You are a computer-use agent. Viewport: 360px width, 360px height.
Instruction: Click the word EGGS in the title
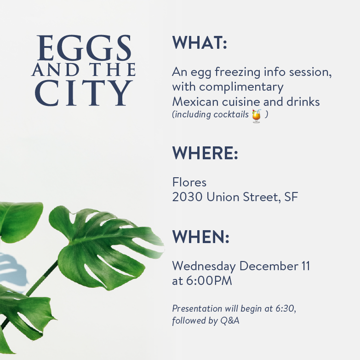(84, 48)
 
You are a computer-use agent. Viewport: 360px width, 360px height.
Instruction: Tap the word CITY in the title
(84, 93)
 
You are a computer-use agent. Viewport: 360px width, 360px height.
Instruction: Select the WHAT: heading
(200, 42)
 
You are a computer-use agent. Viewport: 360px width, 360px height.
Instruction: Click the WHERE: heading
(205, 153)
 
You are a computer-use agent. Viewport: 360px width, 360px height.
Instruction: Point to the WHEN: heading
(200, 237)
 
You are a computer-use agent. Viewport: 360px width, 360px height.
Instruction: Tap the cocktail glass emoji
(257, 116)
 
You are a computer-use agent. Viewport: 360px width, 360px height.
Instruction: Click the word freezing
(238, 72)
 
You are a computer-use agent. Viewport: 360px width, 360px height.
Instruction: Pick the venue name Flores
(189, 182)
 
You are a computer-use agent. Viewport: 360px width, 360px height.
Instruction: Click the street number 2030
(187, 197)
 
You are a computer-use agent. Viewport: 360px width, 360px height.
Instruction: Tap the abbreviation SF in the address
(291, 197)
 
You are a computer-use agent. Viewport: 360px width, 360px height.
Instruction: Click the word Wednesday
(204, 267)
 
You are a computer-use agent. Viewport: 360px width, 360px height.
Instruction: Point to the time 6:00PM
(209, 281)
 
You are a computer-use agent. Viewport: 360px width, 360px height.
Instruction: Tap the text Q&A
(230, 320)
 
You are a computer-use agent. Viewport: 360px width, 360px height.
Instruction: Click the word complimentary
(241, 87)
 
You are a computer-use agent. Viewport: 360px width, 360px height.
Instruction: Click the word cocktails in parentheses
(231, 114)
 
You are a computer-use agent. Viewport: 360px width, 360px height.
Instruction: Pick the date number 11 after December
(306, 266)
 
